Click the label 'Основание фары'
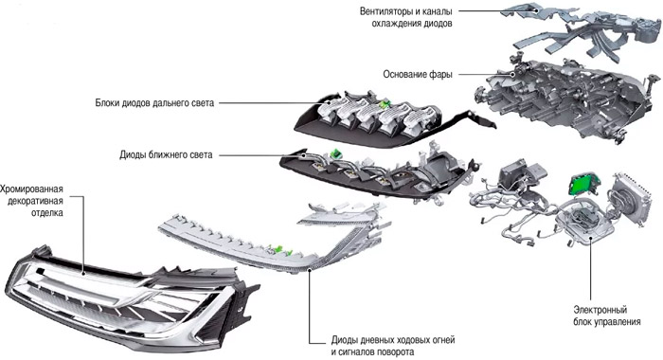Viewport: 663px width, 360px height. pos(418,75)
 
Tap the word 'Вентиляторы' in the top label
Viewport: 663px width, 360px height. pos(386,11)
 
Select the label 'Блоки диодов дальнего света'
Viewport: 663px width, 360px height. pos(154,103)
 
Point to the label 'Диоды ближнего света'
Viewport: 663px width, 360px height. pos(166,154)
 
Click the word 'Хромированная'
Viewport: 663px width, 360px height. pos(31,189)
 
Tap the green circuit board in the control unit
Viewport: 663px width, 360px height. pos(582,182)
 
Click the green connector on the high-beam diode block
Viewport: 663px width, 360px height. pos(385,104)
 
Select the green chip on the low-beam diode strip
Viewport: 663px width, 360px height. pos(335,154)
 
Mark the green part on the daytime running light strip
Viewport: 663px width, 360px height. pos(278,250)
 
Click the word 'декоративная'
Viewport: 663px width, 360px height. pos(35,201)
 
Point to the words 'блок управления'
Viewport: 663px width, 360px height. pos(607,322)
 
